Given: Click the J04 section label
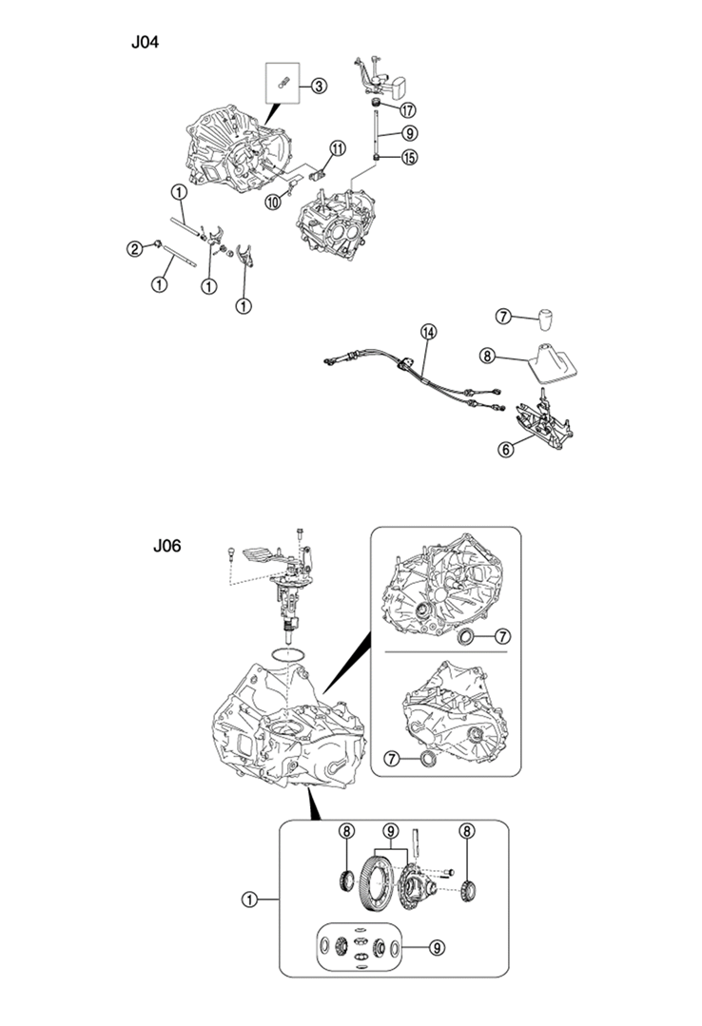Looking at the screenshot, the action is coord(145,43).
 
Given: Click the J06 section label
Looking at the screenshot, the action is coord(167,546).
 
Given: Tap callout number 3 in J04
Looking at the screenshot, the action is coord(319,86).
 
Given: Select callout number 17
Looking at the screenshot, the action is coord(407,110).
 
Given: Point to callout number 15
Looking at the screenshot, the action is coord(409,158).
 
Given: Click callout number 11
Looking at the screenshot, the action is coord(338,148).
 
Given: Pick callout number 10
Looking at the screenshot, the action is coord(273,203).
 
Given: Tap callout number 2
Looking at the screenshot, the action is coord(134,248).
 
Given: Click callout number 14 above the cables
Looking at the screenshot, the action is coord(428,333).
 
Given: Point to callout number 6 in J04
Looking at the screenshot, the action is coord(505,450).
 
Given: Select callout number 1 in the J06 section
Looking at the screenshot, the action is coord(249,900).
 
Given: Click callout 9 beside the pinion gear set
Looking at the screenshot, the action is coord(437,947).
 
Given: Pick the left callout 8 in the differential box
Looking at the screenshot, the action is coord(346,832).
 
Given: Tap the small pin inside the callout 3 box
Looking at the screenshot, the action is coord(283,83).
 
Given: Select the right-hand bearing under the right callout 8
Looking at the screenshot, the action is coord(469,891).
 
